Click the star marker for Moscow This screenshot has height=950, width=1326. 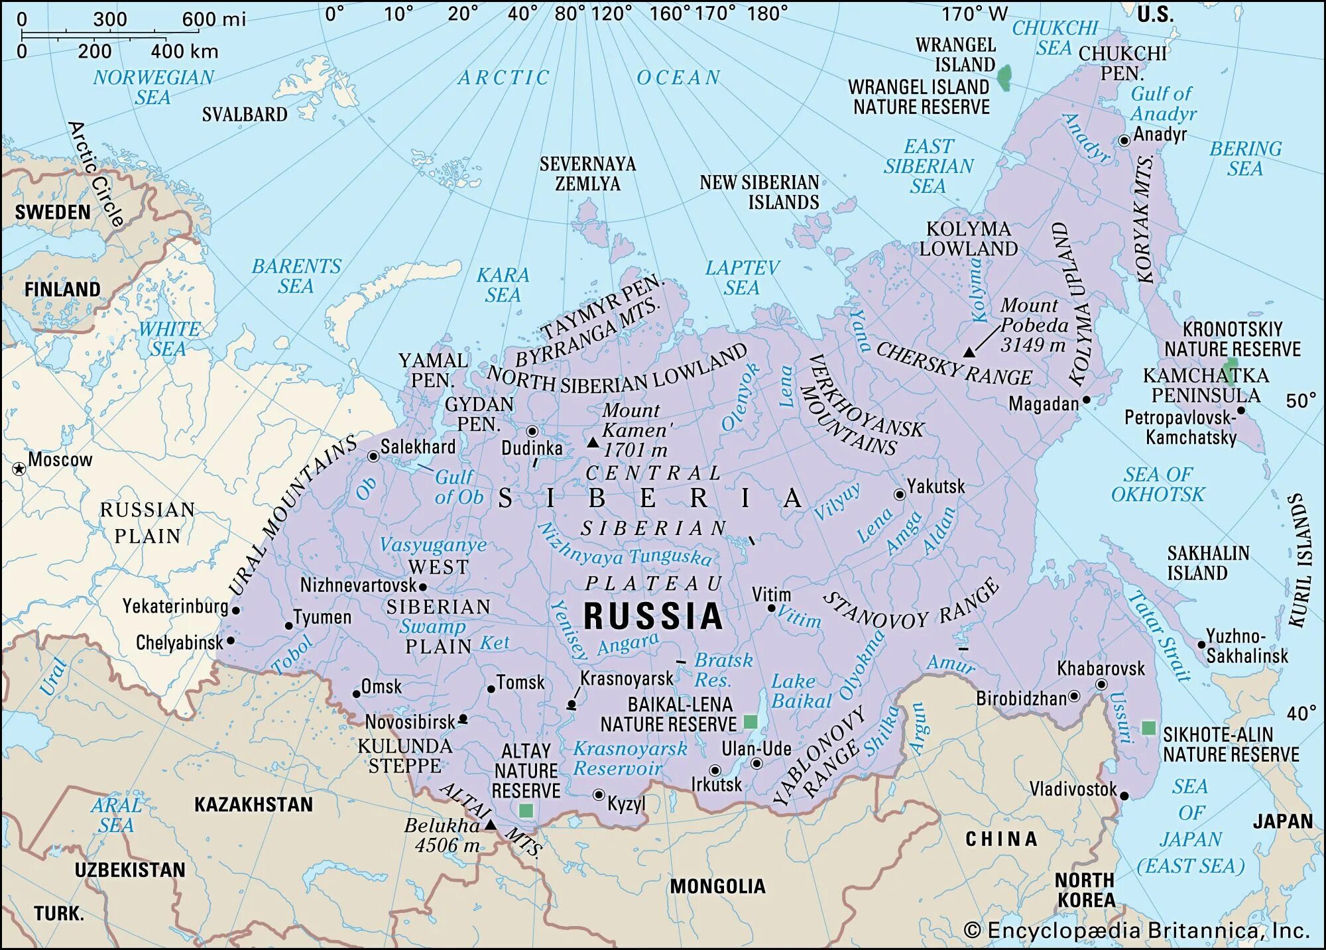[19, 469]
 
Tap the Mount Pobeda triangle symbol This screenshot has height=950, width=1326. [969, 352]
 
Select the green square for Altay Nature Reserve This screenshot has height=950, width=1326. [526, 810]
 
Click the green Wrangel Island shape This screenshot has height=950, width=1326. [1005, 77]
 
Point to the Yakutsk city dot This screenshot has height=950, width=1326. [900, 495]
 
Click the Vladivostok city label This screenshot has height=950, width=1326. [1072, 789]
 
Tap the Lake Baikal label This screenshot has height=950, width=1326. [801, 691]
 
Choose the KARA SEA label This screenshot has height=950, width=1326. [503, 284]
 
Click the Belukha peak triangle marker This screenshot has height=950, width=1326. [490, 825]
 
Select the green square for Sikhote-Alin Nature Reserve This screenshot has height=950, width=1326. [1148, 728]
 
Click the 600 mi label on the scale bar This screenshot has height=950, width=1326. [213, 19]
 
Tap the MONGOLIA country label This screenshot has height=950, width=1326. [717, 886]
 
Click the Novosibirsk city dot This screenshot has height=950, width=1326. [463, 719]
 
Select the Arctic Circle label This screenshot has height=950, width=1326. [97, 174]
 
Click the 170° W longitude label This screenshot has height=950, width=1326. [974, 14]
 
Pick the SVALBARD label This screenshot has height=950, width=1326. [245, 114]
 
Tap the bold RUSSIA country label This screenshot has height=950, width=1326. [653, 616]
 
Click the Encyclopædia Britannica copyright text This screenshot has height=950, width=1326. [1136, 930]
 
